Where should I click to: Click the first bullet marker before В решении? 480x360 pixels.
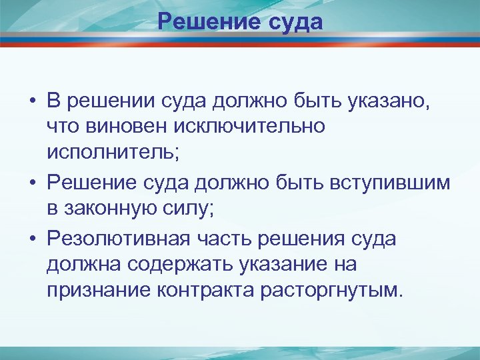32,103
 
